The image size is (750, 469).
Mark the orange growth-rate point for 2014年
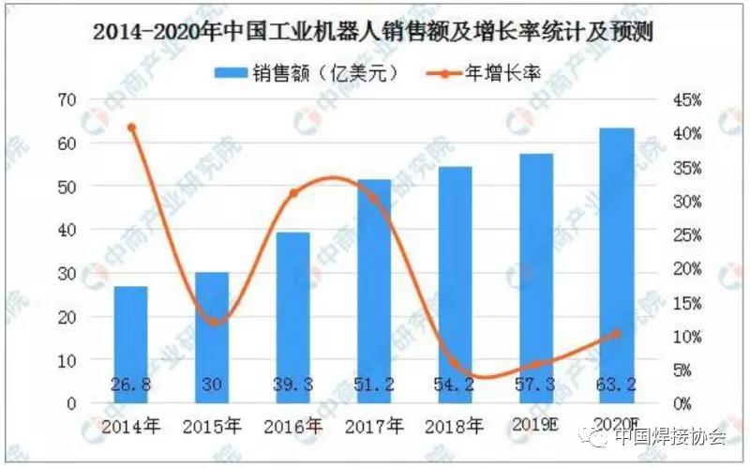pos(131,128)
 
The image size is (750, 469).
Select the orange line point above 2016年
pos(293,193)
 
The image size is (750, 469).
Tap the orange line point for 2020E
pos(616,333)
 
